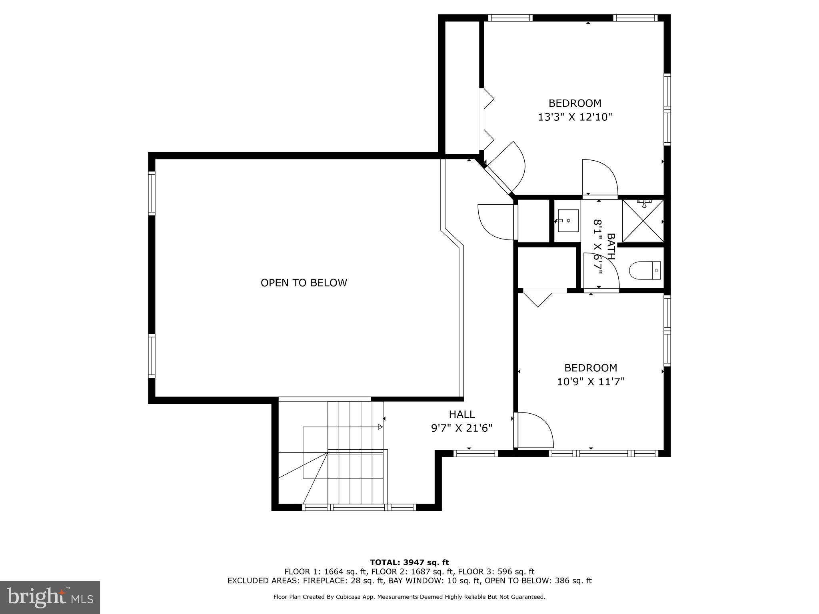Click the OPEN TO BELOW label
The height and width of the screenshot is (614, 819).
[304, 283]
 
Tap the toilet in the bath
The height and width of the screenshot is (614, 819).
[645, 271]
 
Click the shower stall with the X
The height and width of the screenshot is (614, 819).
[643, 221]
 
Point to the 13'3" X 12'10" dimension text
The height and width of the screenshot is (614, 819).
[575, 117]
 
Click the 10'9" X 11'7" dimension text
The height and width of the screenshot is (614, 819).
[590, 382]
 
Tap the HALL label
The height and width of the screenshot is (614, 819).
[461, 414]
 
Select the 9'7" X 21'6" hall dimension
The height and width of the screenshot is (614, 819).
[461, 428]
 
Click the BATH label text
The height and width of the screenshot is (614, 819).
[611, 247]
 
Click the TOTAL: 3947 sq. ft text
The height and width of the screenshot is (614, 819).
[409, 563]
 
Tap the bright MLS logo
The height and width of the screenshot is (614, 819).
[50, 597]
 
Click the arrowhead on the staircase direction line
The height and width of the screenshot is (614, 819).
[380, 427]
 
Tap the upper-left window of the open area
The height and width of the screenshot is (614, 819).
[152, 193]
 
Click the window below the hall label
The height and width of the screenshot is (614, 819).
[475, 453]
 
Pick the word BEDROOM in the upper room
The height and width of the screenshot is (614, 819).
[575, 103]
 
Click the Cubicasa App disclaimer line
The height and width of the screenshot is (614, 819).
[409, 597]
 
